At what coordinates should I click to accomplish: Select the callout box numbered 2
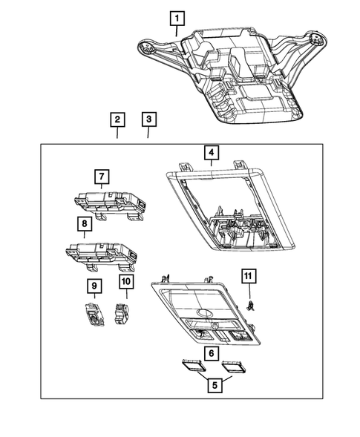(x=117, y=119)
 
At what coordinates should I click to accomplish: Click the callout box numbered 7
(x=100, y=177)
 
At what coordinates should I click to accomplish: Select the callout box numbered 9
(x=94, y=284)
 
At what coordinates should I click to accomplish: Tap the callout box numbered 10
(x=125, y=282)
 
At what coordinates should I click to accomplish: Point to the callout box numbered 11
(x=248, y=277)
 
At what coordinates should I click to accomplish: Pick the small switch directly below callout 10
(x=120, y=312)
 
